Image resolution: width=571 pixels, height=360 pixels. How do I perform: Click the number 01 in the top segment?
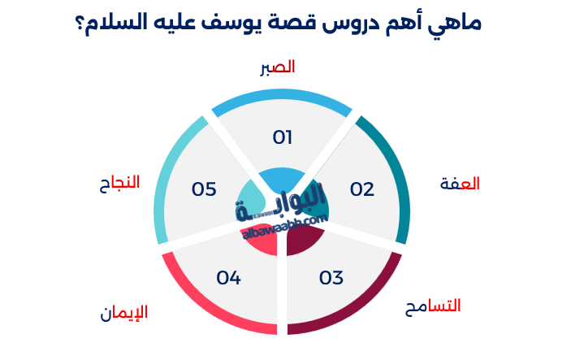tap(283, 137)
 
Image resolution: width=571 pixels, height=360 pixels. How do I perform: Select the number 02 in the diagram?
tap(361, 190)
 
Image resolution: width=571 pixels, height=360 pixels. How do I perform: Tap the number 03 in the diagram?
tap(331, 278)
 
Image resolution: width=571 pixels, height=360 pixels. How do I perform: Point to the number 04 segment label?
tap(229, 278)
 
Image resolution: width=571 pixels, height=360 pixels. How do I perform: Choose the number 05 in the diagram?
tap(204, 189)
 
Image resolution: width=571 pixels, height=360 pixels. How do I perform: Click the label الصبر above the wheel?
tap(277, 67)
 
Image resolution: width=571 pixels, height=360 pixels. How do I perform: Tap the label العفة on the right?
tap(460, 184)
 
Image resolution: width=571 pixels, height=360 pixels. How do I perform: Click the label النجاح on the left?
tap(115, 182)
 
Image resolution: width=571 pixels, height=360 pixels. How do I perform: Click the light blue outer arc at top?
tap(282, 97)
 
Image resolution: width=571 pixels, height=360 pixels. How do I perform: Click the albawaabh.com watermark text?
tap(284, 227)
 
